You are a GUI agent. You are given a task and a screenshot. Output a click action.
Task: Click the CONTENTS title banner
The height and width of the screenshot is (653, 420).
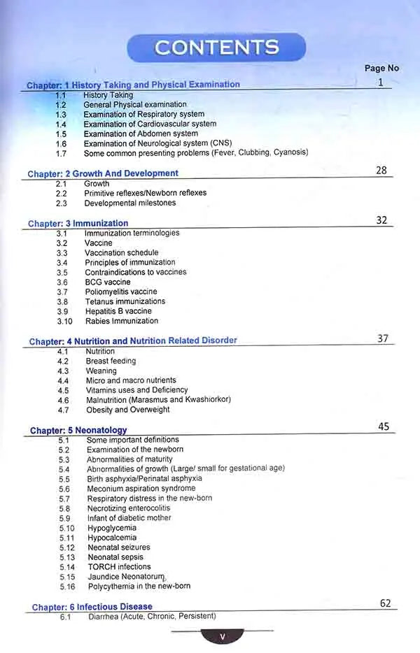tap(216, 48)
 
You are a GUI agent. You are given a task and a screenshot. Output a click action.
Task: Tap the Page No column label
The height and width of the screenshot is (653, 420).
tap(381, 68)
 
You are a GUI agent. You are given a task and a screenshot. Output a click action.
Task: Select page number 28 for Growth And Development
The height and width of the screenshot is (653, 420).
tap(381, 170)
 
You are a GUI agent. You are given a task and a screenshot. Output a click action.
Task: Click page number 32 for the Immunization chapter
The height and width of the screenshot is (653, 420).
tap(381, 220)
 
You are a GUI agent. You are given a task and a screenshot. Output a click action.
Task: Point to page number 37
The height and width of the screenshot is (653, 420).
tap(383, 338)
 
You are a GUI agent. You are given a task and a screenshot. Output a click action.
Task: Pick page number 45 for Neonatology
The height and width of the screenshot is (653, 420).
tap(384, 426)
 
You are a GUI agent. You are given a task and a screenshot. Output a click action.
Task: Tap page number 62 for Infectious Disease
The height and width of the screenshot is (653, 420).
tap(386, 603)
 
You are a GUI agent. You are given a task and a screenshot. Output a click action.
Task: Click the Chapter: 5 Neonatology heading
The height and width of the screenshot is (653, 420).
tap(78, 431)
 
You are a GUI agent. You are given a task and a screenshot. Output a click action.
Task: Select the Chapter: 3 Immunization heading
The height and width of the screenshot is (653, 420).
tap(78, 224)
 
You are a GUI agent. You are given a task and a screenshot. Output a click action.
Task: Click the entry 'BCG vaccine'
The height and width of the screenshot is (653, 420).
tap(108, 282)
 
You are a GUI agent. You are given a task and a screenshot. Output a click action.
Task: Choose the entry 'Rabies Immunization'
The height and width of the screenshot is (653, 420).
tap(122, 322)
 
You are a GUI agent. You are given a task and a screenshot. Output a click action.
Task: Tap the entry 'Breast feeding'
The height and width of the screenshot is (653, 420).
tap(111, 361)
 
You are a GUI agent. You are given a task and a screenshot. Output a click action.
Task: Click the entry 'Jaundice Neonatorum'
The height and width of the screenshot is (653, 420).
tap(126, 577)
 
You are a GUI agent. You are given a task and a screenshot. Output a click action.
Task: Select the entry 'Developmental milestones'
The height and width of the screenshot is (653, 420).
tap(130, 203)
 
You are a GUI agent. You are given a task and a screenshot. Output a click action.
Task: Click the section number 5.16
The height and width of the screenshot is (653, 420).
tap(66, 587)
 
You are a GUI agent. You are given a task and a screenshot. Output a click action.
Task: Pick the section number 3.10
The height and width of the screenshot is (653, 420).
tap(64, 322)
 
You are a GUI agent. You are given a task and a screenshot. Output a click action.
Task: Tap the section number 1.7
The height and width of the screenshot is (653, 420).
tap(61, 153)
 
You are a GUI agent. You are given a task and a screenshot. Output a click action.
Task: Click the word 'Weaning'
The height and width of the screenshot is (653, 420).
tap(101, 371)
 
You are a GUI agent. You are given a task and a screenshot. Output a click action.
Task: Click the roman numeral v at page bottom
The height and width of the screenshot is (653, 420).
tap(222, 637)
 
